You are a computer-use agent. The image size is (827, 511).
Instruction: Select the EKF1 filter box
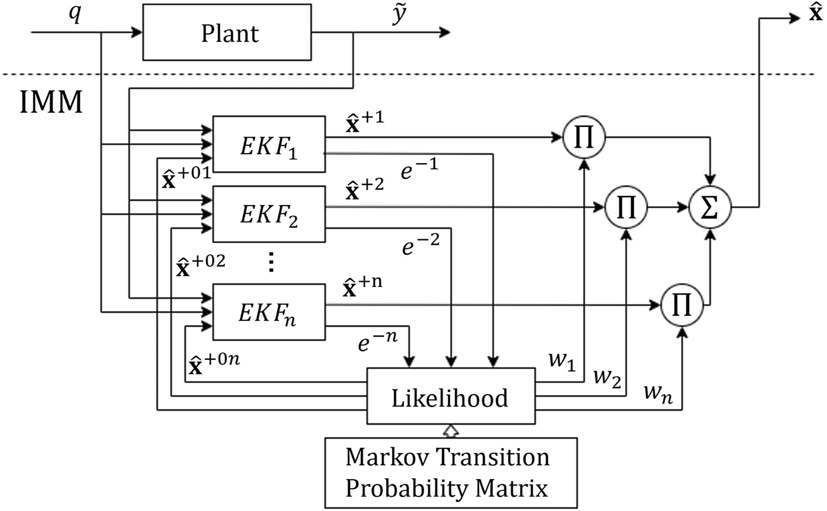tap(269, 144)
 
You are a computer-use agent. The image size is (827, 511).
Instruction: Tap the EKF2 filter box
tap(269, 214)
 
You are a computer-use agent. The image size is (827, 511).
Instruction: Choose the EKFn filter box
tap(269, 312)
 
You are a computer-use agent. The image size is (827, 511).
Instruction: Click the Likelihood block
tap(451, 396)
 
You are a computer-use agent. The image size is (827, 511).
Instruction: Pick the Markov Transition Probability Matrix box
tap(451, 473)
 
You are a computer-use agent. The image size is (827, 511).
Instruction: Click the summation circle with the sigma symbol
tap(711, 207)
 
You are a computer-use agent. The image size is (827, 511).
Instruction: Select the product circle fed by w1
tap(584, 138)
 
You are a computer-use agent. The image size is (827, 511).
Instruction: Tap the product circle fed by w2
tap(626, 207)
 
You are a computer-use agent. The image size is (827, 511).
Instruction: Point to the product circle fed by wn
tap(682, 305)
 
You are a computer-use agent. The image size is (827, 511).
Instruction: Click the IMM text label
tap(51, 102)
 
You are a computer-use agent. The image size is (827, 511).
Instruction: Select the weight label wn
tap(659, 392)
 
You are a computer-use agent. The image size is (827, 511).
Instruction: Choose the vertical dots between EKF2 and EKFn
tap(271, 262)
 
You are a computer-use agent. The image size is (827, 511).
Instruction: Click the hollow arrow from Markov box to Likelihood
tap(451, 431)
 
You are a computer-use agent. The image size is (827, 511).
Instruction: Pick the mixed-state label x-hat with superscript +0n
tap(214, 364)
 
